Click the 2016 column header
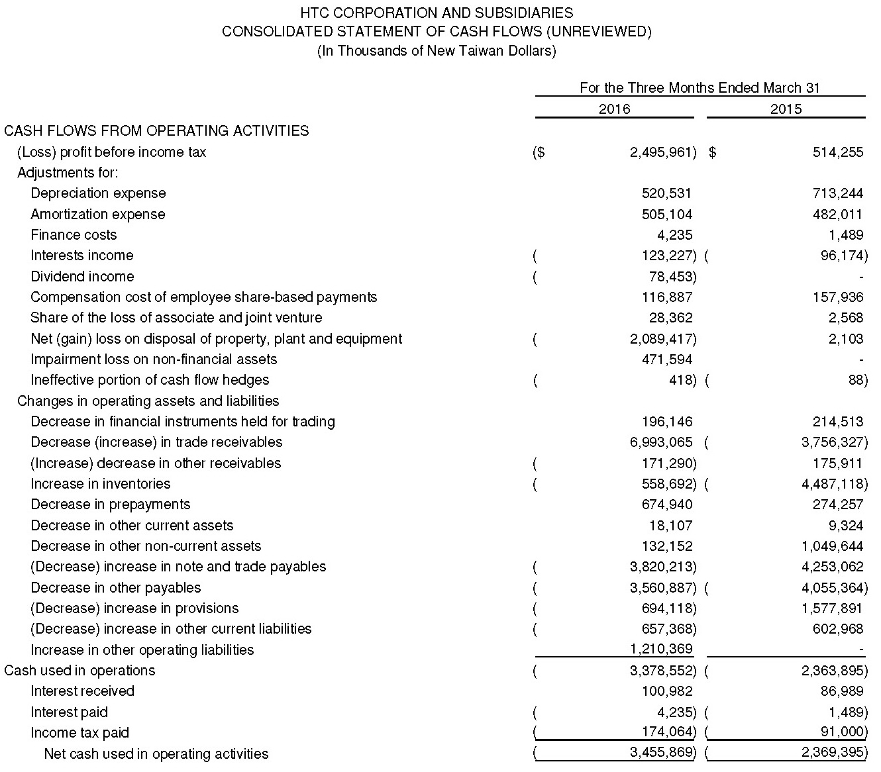pyautogui.click(x=614, y=109)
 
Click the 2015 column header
pyautogui.click(x=786, y=109)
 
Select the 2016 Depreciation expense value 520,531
pyautogui.click(x=666, y=193)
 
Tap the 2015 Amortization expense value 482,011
pyautogui.click(x=837, y=215)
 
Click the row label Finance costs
pyautogui.click(x=74, y=235)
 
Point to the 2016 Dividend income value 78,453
pyautogui.click(x=671, y=277)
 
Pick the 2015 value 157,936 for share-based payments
pyautogui.click(x=837, y=297)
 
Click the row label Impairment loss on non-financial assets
pyautogui.click(x=154, y=360)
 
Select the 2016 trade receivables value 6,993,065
pyautogui.click(x=661, y=442)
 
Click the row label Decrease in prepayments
pyautogui.click(x=110, y=505)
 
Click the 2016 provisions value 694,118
pyautogui.click(x=668, y=608)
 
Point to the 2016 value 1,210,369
pyautogui.click(x=661, y=650)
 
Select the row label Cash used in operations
pyautogui.click(x=79, y=671)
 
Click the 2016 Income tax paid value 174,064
pyautogui.click(x=668, y=733)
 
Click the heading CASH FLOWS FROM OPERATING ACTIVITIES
pyautogui.click(x=156, y=131)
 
